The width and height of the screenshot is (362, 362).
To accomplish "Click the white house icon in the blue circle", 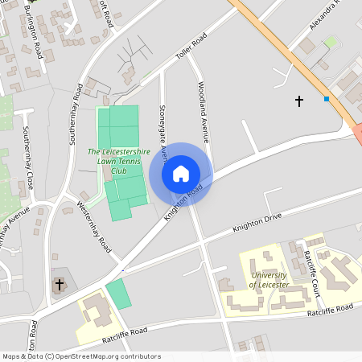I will pyautogui.click(x=181, y=174).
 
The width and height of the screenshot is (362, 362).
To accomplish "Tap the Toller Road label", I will pyautogui.click(x=191, y=47).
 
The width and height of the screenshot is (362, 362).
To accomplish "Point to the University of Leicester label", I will pyautogui.click(x=269, y=280).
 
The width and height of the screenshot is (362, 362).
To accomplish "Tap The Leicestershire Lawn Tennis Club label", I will pyautogui.click(x=119, y=161).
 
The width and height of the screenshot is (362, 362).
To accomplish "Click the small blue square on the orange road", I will pyautogui.click(x=327, y=99).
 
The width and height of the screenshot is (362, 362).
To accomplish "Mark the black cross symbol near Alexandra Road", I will pyautogui.click(x=299, y=101).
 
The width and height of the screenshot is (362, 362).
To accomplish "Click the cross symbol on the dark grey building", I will pyautogui.click(x=59, y=284).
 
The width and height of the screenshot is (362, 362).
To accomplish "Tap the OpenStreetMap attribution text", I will pyautogui.click(x=80, y=356).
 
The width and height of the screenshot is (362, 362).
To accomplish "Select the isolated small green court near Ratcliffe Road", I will pyautogui.click(x=117, y=293).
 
